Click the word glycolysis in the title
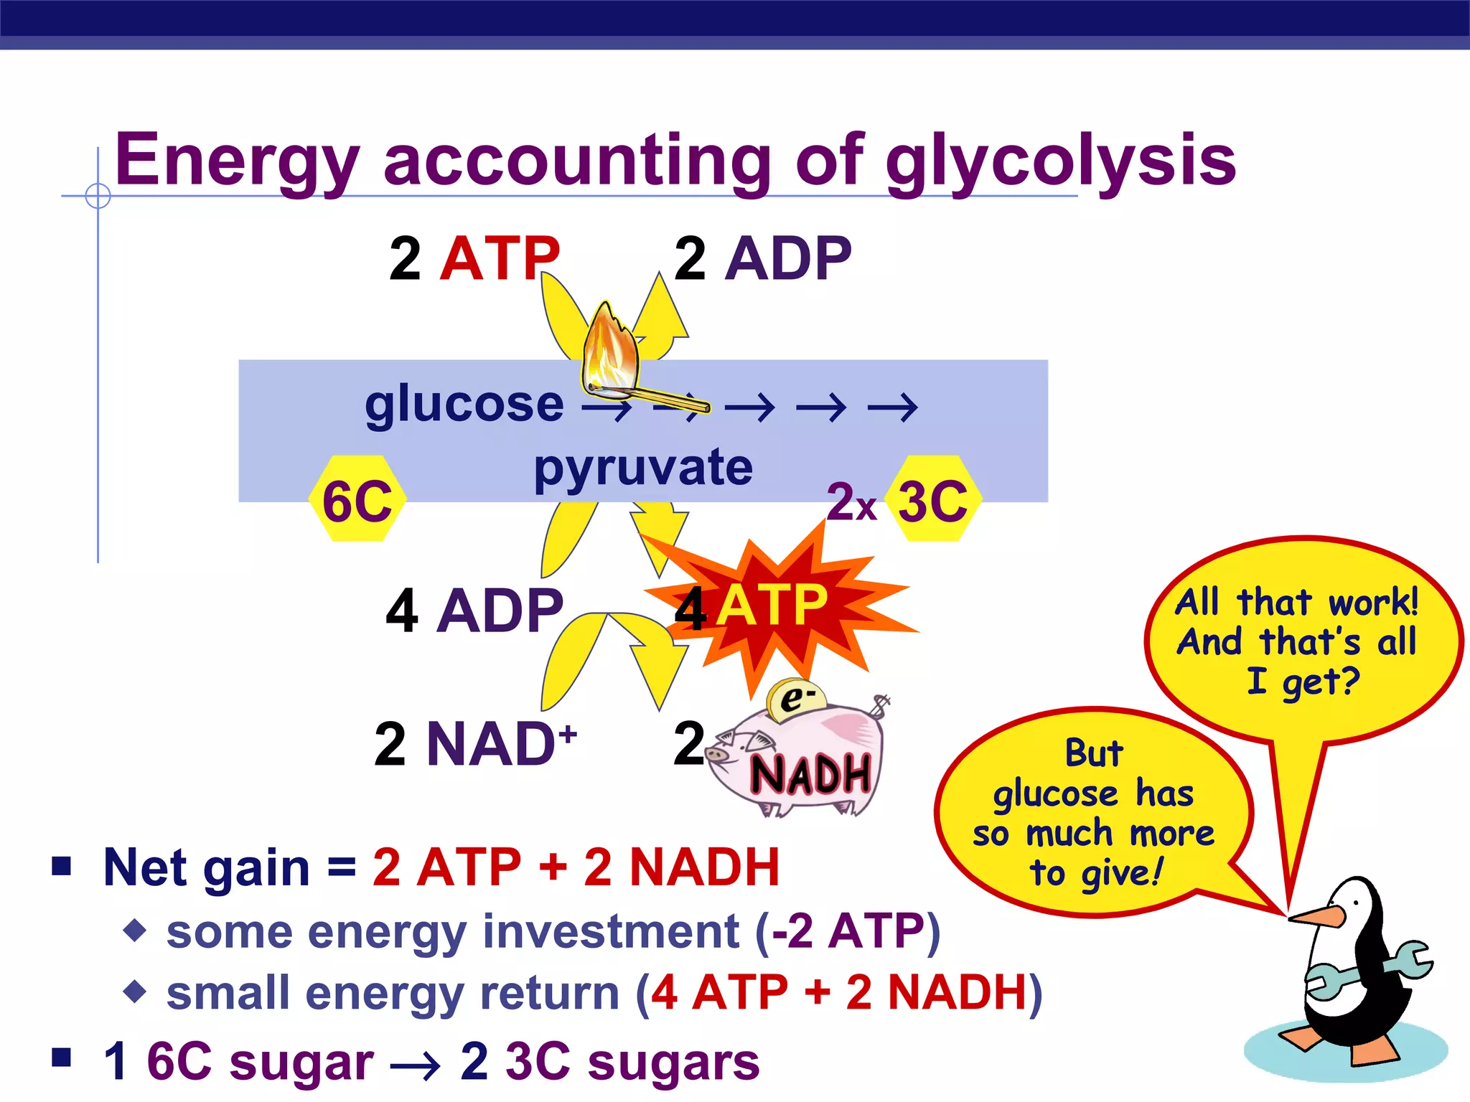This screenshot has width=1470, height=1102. click(1061, 161)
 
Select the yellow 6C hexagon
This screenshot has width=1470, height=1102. click(357, 499)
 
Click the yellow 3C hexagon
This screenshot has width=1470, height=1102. click(933, 499)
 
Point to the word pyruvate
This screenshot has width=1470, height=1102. click(643, 468)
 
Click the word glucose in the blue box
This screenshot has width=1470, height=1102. click(464, 405)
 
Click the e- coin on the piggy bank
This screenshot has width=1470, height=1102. click(795, 698)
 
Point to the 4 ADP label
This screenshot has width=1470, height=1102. click(474, 611)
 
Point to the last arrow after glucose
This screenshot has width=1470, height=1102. click(893, 408)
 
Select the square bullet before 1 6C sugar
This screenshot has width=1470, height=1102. click(62, 1058)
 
